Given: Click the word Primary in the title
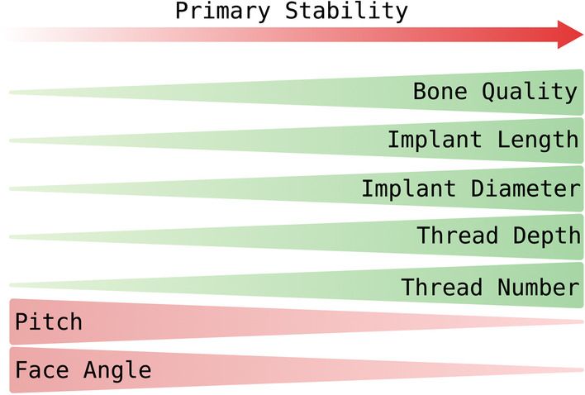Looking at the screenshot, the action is pyautogui.click(x=223, y=12).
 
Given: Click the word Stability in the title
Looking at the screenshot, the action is pyautogui.click(x=346, y=11).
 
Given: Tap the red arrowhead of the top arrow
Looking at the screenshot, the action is pyautogui.click(x=570, y=35).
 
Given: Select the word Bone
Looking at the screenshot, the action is pyautogui.click(x=440, y=91).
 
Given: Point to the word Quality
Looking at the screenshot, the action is pyautogui.click(x=530, y=93).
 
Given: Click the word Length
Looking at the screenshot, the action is pyautogui.click(x=538, y=141).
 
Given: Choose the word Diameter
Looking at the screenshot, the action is pyautogui.click(x=526, y=188).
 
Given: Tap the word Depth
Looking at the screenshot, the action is pyautogui.click(x=546, y=237).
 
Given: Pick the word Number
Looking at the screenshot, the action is pyautogui.click(x=539, y=287).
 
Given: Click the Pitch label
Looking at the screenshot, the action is pyautogui.click(x=49, y=321).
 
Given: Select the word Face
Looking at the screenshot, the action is pyautogui.click(x=42, y=369).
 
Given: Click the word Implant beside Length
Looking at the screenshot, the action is pyautogui.click(x=435, y=140).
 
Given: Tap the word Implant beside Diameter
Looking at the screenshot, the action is pyautogui.click(x=408, y=188).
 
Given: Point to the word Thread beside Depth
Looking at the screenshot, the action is pyautogui.click(x=458, y=236).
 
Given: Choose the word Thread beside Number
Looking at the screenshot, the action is pyautogui.click(x=442, y=287).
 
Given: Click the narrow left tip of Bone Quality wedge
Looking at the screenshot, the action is pyautogui.click(x=11, y=92).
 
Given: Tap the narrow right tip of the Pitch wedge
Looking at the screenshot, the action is pyautogui.click(x=583, y=321).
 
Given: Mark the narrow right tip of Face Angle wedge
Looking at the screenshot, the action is pyautogui.click(x=583, y=370).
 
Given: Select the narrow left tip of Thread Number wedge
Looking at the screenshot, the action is pyautogui.click(x=11, y=285).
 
